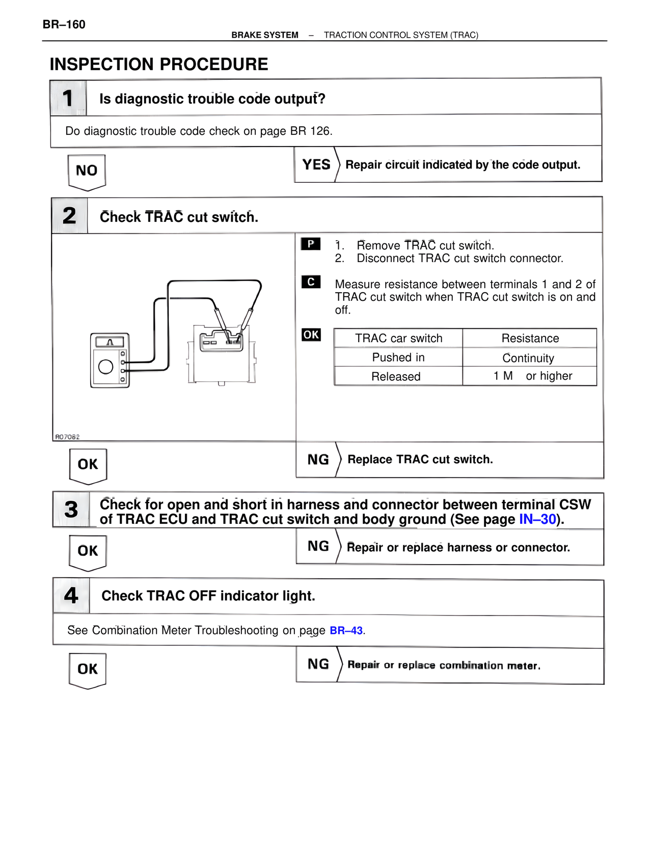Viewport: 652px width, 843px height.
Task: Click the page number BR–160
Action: (x=64, y=24)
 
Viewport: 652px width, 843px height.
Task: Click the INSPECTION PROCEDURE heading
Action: (x=159, y=65)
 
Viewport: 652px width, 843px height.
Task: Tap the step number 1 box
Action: (x=68, y=98)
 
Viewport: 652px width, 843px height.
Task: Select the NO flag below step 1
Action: (x=87, y=171)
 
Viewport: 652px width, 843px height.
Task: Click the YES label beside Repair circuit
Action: (x=316, y=164)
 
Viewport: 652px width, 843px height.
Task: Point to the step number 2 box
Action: (x=70, y=216)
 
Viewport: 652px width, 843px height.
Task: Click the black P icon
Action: (x=311, y=244)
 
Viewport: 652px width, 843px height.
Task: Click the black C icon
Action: (x=311, y=282)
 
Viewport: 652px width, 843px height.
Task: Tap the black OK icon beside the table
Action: (x=311, y=334)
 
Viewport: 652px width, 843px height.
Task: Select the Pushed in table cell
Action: (x=398, y=357)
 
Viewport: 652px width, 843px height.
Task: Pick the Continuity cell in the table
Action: (x=528, y=358)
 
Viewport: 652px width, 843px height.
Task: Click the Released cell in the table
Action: (x=396, y=377)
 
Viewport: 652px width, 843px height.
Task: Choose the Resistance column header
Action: (x=530, y=339)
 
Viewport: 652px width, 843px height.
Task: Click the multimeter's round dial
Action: (x=106, y=367)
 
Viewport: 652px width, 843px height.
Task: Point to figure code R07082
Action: (x=68, y=437)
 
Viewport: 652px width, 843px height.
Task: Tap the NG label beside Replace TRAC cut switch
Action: (x=318, y=460)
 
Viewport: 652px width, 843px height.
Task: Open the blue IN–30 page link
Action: (x=537, y=519)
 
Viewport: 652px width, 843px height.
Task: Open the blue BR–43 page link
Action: (x=346, y=631)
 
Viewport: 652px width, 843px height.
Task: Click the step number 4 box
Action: (x=71, y=596)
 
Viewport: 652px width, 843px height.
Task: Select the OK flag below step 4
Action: (x=88, y=669)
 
